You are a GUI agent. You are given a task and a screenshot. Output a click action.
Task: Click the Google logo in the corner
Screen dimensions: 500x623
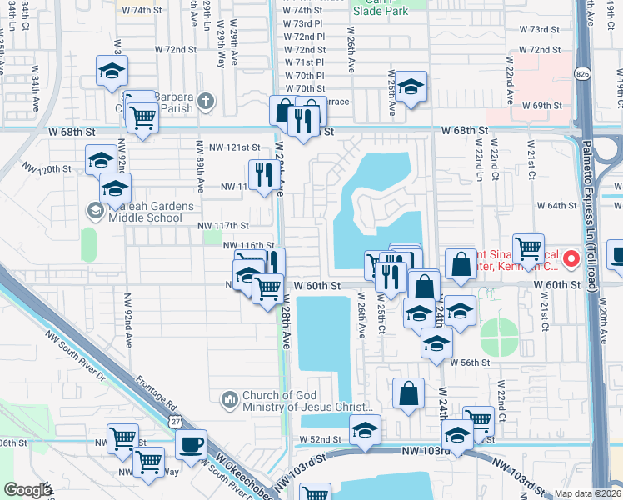(x=27, y=490)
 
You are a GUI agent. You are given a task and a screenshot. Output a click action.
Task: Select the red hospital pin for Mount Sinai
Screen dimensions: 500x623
(x=572, y=258)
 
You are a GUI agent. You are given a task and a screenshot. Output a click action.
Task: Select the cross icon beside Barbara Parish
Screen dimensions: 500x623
(x=206, y=103)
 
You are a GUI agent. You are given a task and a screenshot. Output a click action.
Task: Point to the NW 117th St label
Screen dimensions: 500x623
(x=223, y=225)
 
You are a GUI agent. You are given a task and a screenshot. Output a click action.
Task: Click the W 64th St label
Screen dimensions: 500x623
(x=556, y=205)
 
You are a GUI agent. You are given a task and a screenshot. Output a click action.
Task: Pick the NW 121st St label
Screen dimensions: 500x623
(x=234, y=147)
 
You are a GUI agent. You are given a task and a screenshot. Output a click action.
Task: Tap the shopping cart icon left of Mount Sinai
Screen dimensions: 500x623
(x=528, y=247)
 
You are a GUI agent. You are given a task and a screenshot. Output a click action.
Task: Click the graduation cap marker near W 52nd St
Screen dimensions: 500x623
(x=365, y=429)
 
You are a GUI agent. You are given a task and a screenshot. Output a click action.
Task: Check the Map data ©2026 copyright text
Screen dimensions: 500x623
(x=587, y=493)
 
